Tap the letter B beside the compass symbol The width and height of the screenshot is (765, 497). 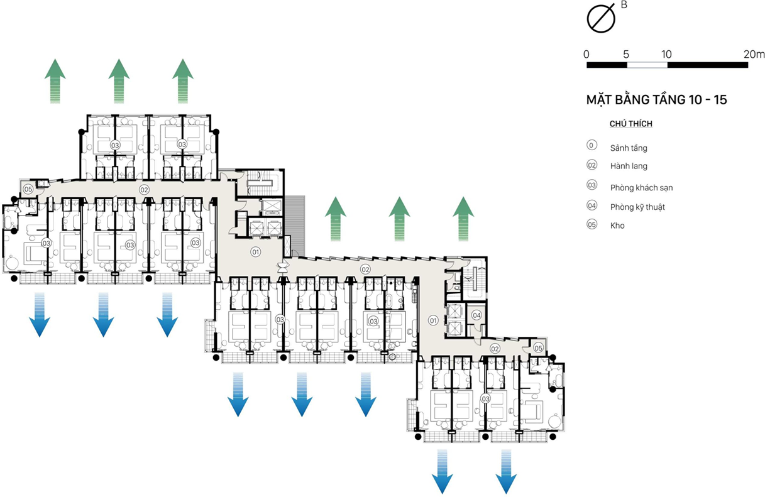pos(624,5)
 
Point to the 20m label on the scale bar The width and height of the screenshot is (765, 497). pos(754,54)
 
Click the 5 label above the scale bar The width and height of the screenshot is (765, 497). pos(626,54)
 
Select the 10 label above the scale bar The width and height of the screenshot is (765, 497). pos(667,54)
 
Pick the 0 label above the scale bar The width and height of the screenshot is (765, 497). pos(586,54)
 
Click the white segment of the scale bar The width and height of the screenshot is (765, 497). pos(647,65)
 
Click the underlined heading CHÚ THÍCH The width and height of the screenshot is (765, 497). pos(630,124)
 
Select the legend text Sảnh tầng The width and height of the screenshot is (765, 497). pos(628,148)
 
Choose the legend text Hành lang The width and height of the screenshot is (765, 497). pos(628,167)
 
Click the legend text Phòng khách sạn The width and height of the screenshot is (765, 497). pos(641,187)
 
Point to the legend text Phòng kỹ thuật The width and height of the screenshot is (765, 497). pos(637,207)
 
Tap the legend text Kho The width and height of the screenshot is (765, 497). pos(617,225)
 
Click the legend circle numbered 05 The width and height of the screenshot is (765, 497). pos(592,224)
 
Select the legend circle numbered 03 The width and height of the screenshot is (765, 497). pos(592,186)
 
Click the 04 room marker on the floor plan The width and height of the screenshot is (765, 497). pos(476,315)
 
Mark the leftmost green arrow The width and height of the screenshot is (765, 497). pos(55,80)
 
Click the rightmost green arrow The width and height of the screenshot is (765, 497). pos(463,219)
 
